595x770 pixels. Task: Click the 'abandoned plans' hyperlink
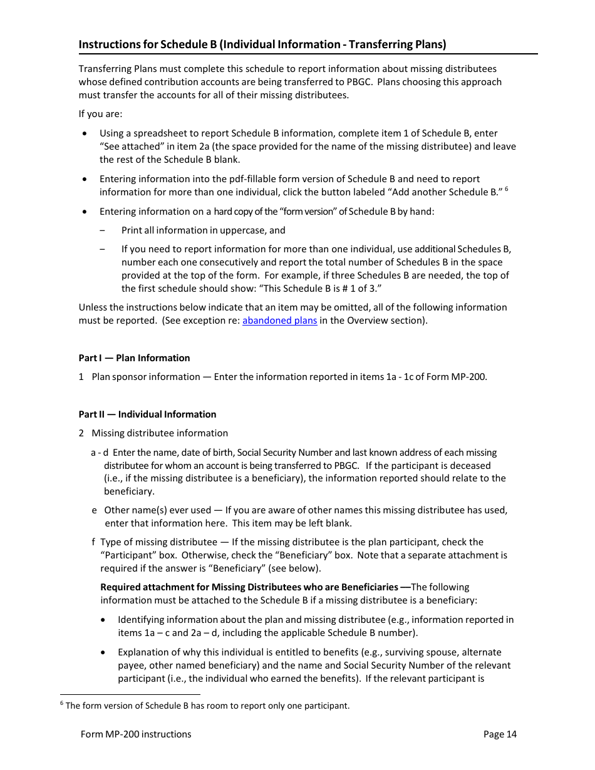pos(279,321)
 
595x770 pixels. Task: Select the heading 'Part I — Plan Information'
pos(134,358)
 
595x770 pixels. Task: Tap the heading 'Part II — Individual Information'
pos(147,414)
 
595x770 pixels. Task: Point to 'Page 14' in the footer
pos(500,734)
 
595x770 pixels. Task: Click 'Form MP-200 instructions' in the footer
pos(136,734)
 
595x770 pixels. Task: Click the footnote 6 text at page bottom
pos(207,706)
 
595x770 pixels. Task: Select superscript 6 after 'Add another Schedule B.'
pos(506,189)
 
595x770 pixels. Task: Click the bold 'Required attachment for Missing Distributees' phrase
pos(249,587)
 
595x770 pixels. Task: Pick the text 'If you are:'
pos(100,114)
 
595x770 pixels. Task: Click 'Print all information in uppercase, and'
pos(203,230)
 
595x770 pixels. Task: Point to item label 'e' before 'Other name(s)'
pos(94,510)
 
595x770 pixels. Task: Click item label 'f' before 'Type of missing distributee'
pos(94,542)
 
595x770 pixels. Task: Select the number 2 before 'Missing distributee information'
pos(81,433)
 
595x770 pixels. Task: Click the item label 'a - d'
pos(100,453)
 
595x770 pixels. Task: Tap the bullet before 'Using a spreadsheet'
pos(85,133)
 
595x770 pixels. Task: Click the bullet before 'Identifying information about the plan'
pos(103,620)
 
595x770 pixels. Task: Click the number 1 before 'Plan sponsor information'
pos(81,377)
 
